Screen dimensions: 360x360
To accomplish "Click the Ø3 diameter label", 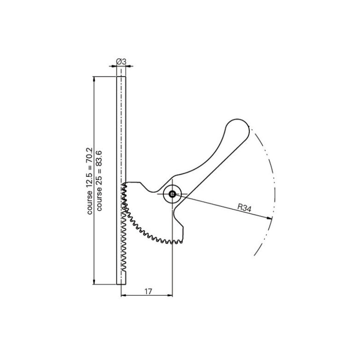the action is pyautogui.click(x=121, y=62).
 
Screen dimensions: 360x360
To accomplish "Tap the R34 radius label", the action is pyautogui.click(x=244, y=208).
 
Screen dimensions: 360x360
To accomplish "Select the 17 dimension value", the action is pyautogui.click(x=148, y=291).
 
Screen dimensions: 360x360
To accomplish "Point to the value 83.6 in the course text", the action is pyautogui.click(x=99, y=158).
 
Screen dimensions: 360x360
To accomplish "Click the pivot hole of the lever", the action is pyautogui.click(x=172, y=194).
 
